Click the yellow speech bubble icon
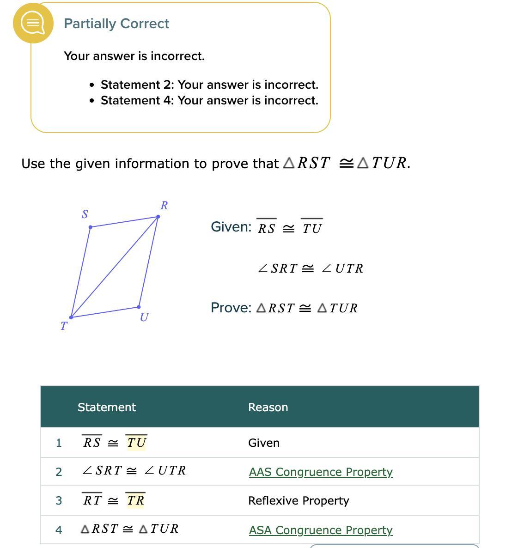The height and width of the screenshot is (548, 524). (33, 23)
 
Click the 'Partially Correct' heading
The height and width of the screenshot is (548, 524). (116, 24)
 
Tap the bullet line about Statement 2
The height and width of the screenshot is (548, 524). (209, 85)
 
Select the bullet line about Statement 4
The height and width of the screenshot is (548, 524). (209, 100)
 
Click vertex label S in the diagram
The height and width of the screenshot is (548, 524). (85, 214)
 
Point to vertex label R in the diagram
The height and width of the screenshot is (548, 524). (164, 205)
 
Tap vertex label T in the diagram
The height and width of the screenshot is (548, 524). (64, 326)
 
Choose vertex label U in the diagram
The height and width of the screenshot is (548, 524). (144, 317)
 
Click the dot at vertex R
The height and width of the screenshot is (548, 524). (158, 217)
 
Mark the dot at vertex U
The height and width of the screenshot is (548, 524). (139, 307)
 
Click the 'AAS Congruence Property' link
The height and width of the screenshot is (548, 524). (321, 472)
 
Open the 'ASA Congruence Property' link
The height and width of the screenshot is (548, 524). (321, 530)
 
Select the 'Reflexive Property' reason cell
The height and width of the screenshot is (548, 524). (299, 500)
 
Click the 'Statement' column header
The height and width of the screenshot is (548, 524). (107, 407)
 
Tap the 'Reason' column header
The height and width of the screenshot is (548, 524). (268, 407)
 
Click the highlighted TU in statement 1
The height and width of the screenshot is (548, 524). (136, 443)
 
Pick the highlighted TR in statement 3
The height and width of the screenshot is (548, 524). (136, 500)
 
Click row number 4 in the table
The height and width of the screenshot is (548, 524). (59, 530)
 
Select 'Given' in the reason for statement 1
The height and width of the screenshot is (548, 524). (264, 443)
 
